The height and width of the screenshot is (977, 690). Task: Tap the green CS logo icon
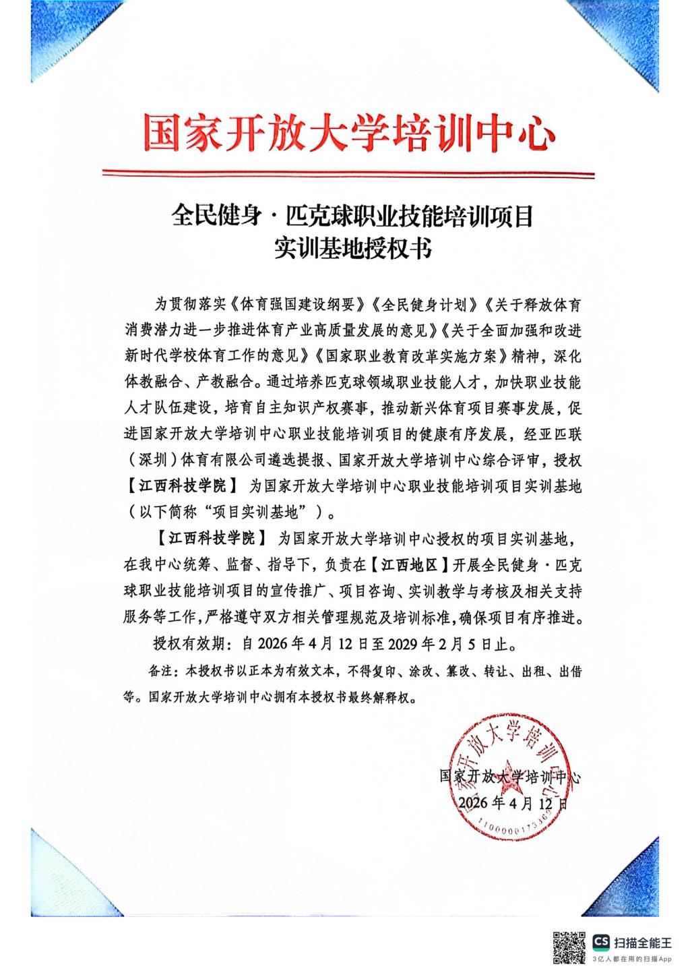pyautogui.click(x=601, y=941)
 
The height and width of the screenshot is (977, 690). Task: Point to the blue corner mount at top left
pyautogui.click(x=51, y=44)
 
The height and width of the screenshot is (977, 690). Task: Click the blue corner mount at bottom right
pyautogui.click(x=638, y=882)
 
